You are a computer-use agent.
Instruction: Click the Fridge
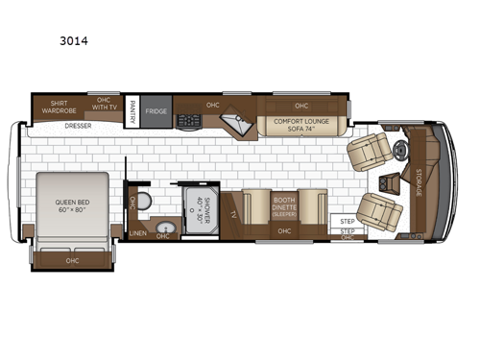click(156, 111)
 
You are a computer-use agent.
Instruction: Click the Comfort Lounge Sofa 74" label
click(300, 125)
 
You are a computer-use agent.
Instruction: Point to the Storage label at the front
click(419, 181)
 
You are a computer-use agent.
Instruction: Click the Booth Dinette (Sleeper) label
click(283, 204)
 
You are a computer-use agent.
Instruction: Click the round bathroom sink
click(164, 228)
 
